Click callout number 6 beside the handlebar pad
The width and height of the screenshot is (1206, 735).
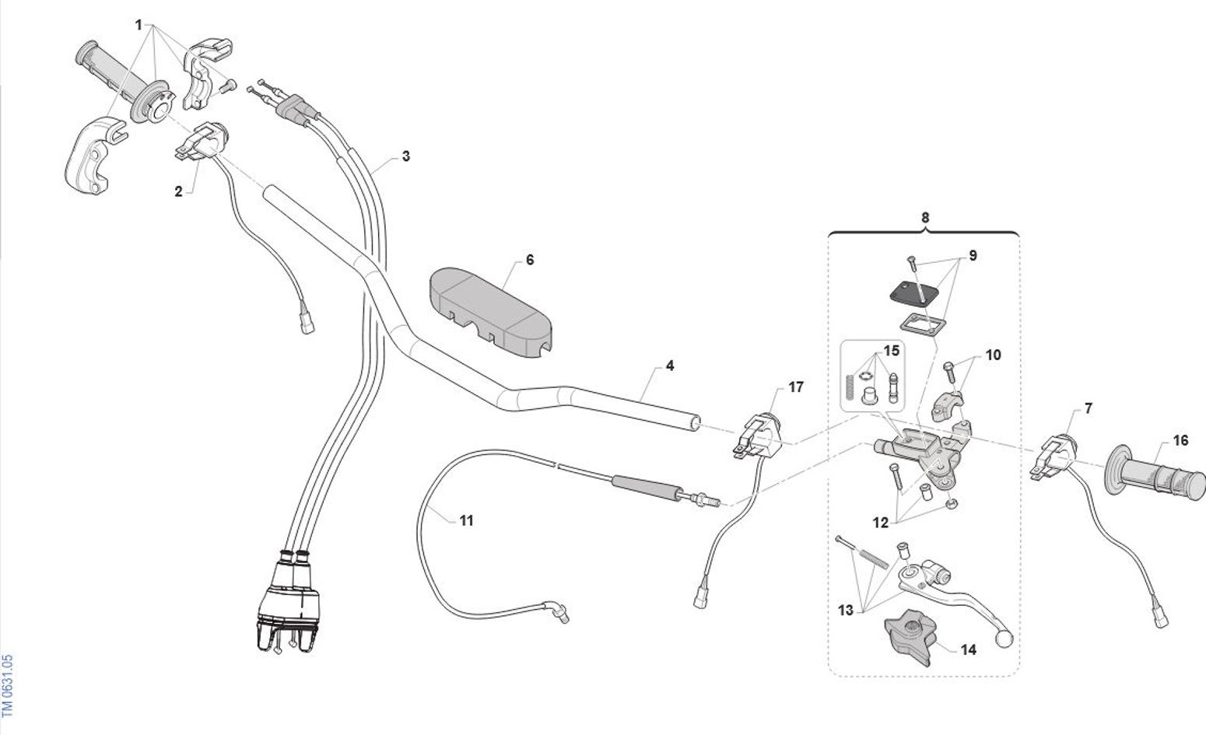click(x=530, y=260)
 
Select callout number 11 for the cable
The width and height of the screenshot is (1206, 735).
click(x=466, y=520)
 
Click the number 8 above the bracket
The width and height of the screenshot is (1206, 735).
click(x=925, y=218)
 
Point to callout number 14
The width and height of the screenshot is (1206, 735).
click(x=968, y=649)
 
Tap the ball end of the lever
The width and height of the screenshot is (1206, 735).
click(x=1004, y=639)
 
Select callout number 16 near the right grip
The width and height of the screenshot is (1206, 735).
click(x=1180, y=441)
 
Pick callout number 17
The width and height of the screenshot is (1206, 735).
click(x=795, y=387)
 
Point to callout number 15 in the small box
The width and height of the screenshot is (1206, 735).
click(x=892, y=351)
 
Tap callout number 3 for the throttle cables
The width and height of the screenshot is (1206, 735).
click(x=405, y=156)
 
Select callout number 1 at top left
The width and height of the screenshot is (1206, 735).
click(x=138, y=25)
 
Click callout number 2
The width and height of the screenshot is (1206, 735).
click(x=178, y=191)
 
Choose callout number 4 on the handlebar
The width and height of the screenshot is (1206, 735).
click(x=669, y=366)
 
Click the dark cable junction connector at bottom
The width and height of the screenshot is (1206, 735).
click(x=287, y=603)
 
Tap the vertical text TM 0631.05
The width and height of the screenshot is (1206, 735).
click(x=8, y=684)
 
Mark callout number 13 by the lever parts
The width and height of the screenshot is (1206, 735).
click(x=846, y=611)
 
